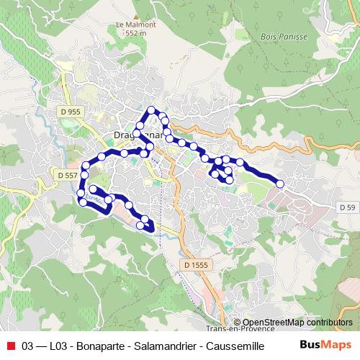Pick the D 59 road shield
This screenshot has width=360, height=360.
(x=347, y=207)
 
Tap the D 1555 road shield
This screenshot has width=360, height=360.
(x=195, y=265)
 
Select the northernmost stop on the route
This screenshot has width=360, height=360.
(x=151, y=110)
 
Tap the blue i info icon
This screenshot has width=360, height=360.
(x=237, y=323)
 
